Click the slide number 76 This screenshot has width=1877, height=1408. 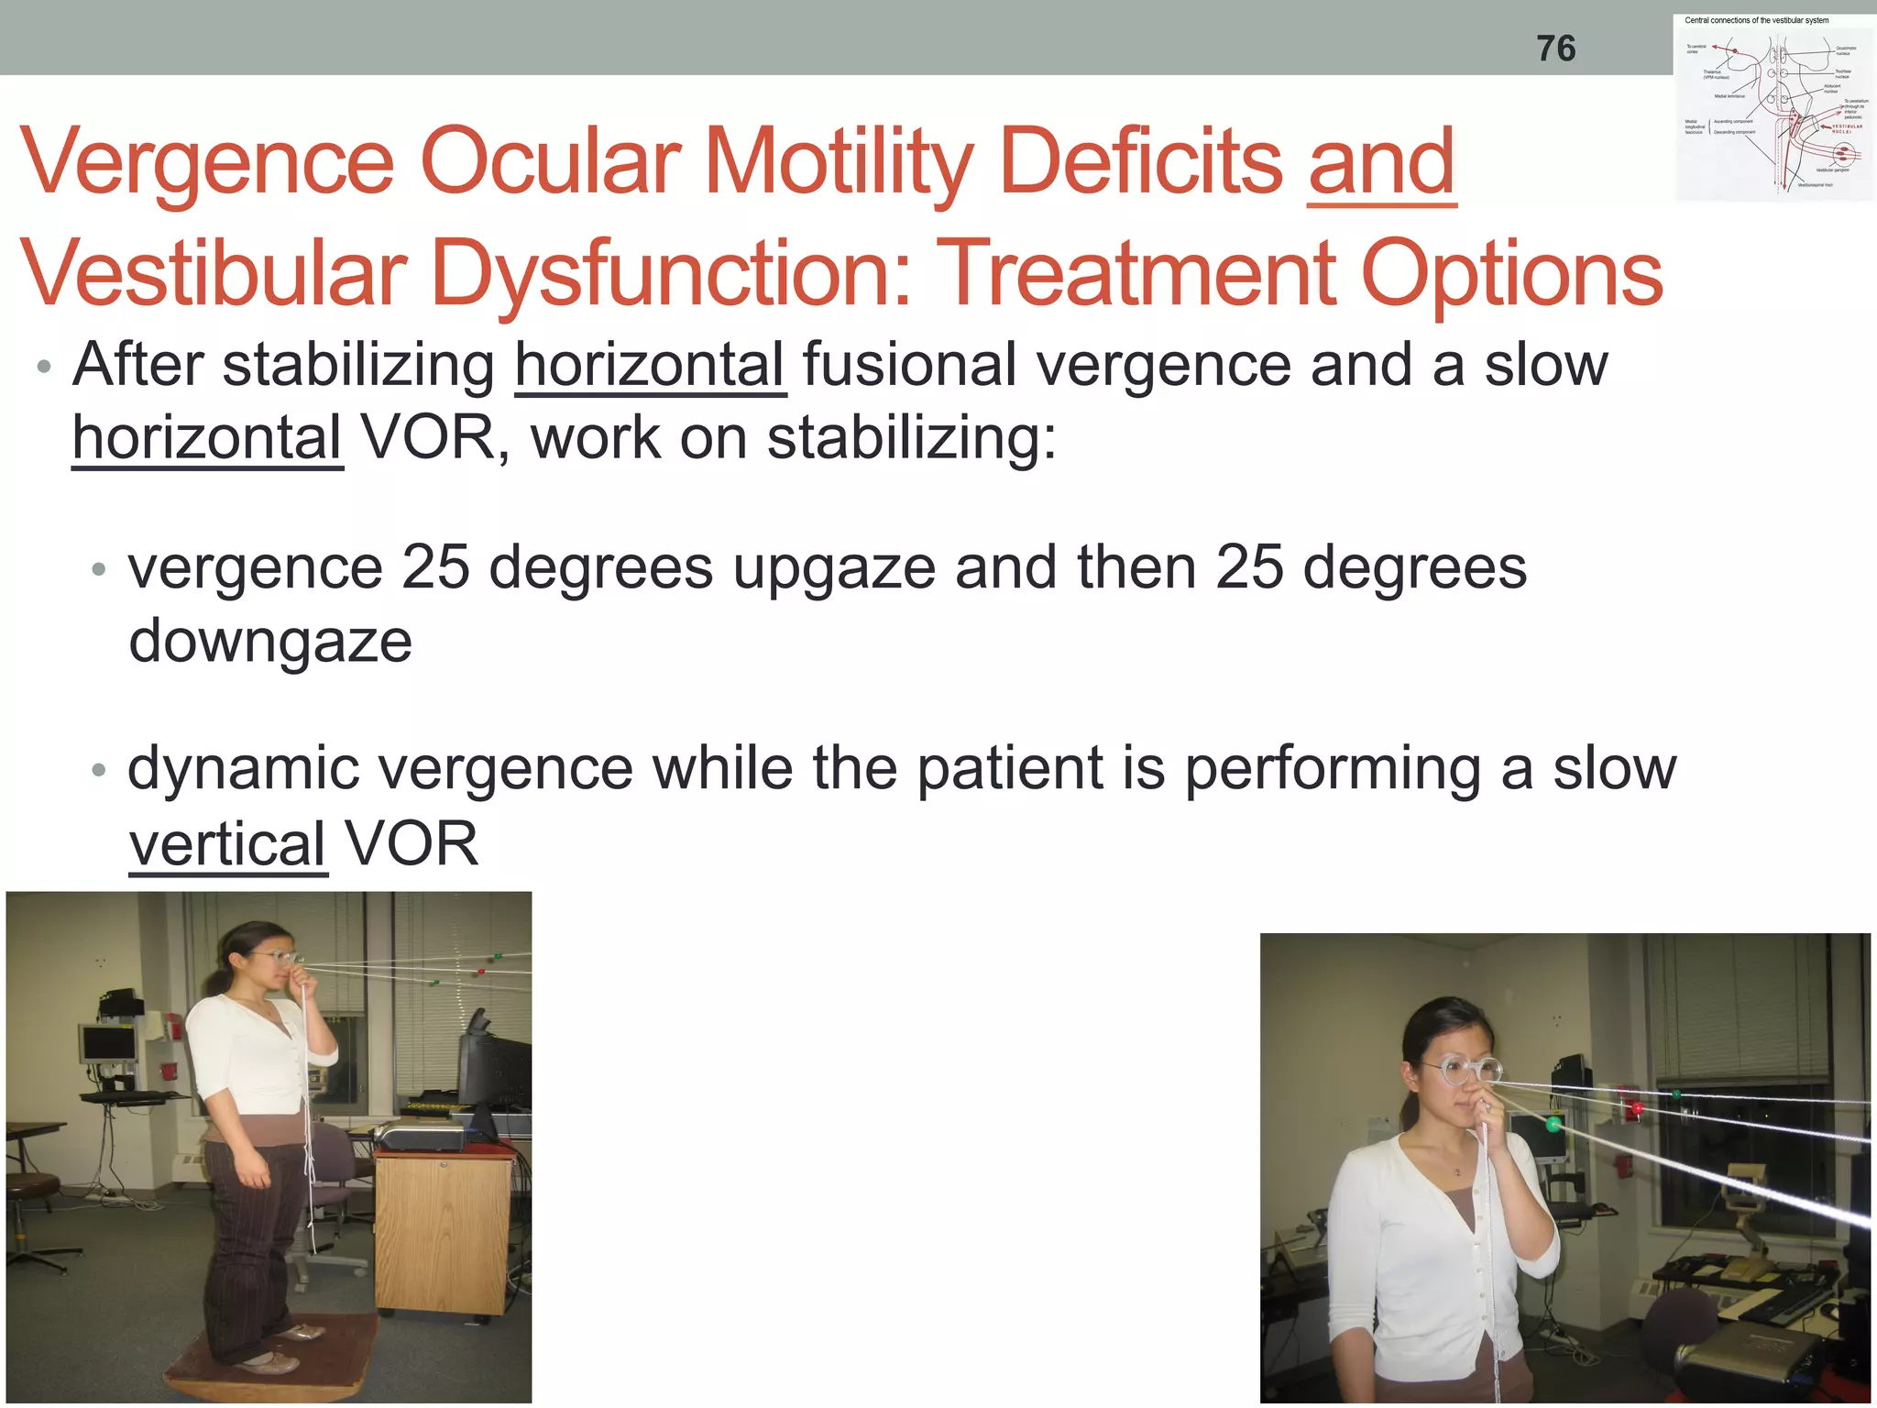click(1555, 49)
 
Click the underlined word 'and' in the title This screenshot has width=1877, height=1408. click(1381, 162)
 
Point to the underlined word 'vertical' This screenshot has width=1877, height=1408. click(227, 844)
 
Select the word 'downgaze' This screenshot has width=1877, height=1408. click(270, 641)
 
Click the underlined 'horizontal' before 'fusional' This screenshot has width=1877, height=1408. click(650, 366)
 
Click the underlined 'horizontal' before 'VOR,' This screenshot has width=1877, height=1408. click(207, 438)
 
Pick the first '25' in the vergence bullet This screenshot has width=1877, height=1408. click(435, 567)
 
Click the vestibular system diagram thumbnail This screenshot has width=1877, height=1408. click(1773, 107)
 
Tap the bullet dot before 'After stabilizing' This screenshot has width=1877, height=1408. click(44, 368)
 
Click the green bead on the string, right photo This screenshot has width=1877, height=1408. click(1553, 1123)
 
